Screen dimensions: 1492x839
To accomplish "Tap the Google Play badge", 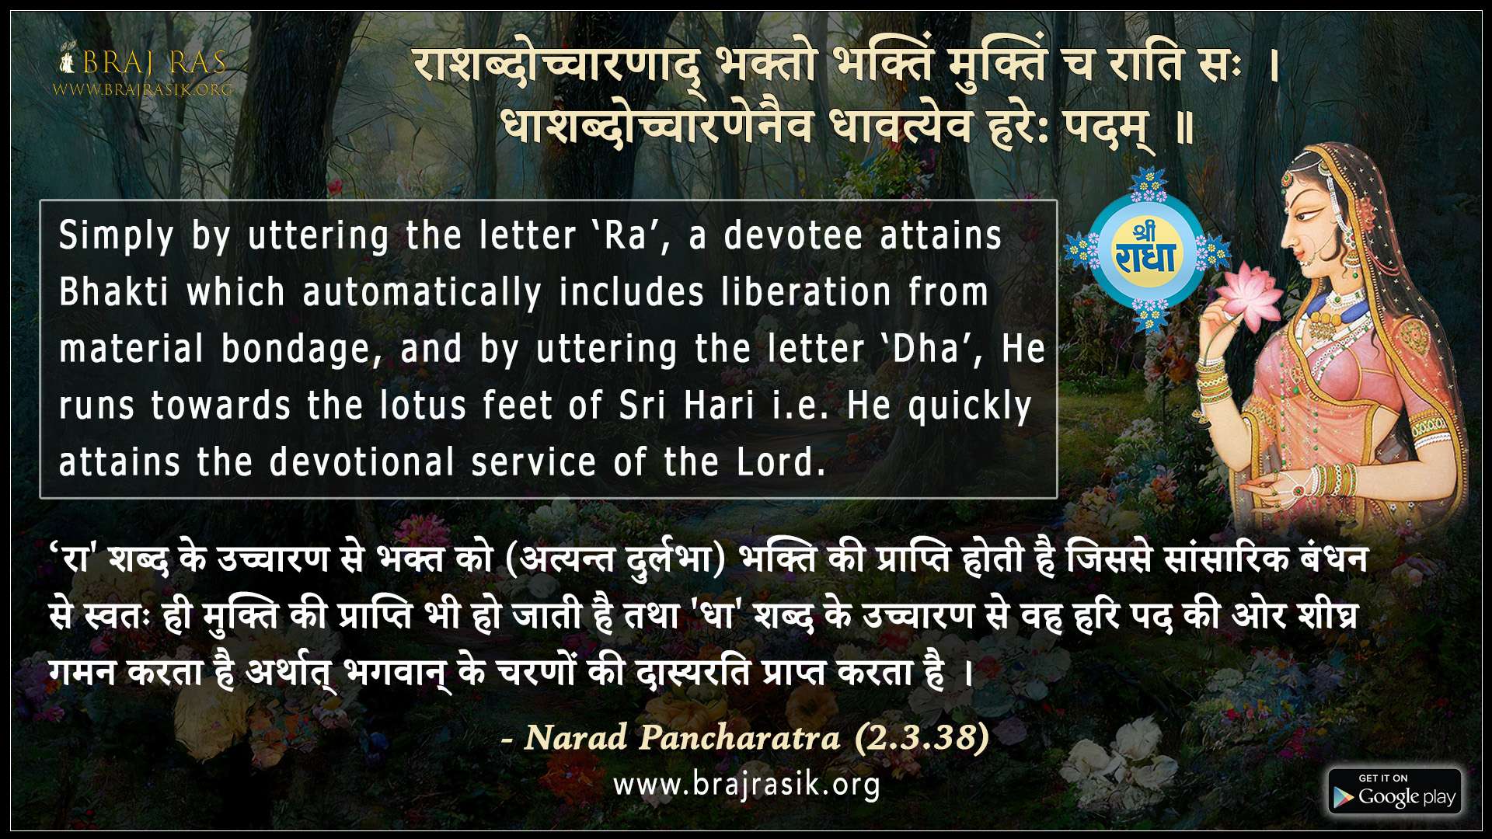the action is point(1395,792).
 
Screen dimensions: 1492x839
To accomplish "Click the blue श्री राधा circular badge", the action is point(1146,249).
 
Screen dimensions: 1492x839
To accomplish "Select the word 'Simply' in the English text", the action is point(116,236).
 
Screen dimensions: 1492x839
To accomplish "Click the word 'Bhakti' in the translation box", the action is point(113,292).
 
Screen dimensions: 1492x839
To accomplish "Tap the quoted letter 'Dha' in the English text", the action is point(933,349).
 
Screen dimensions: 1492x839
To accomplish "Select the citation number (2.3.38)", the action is point(922,736).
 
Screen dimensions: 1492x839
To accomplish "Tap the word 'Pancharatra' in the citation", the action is point(739,736).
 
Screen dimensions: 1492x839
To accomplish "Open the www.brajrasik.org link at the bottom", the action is point(746,785).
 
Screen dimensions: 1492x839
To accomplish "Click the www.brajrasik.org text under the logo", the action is point(143,89).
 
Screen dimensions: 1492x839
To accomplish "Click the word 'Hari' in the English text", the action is point(719,406).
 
